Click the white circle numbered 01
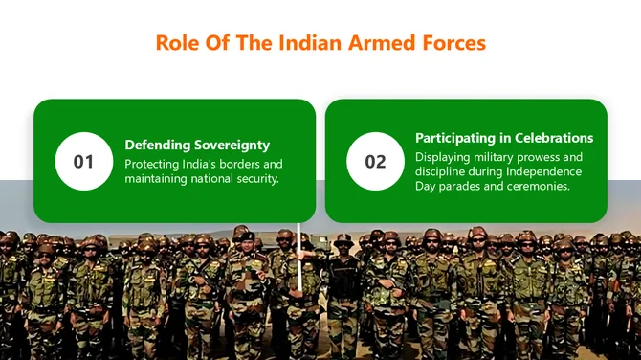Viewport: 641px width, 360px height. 84,161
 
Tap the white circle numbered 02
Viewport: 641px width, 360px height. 375,161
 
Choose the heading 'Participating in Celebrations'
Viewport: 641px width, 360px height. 504,138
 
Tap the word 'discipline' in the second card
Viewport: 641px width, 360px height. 442,171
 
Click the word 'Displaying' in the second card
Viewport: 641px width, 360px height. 444,156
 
